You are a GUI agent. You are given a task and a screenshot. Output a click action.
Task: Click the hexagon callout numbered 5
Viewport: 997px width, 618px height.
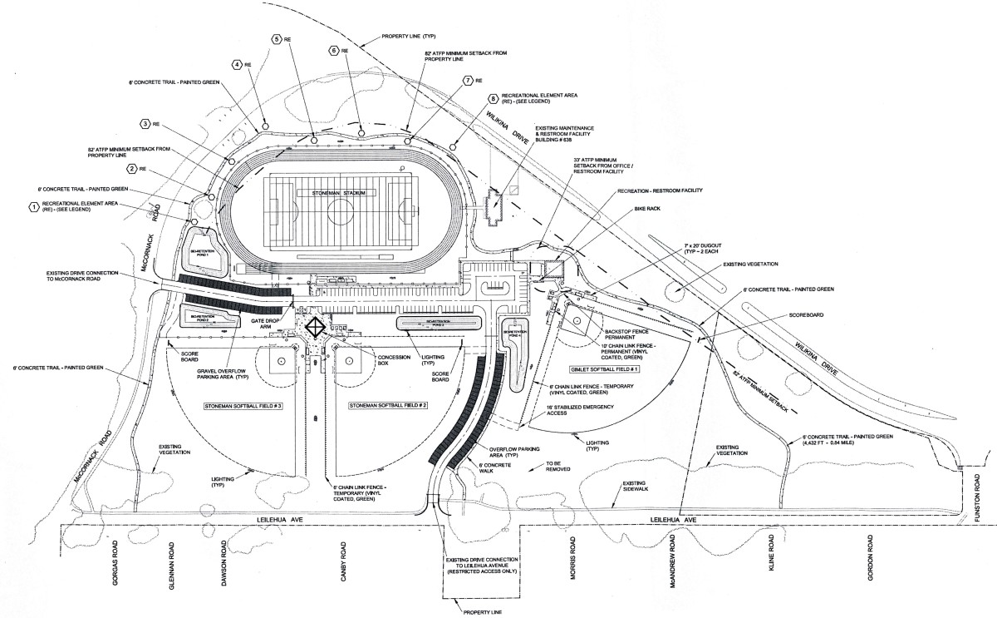276,39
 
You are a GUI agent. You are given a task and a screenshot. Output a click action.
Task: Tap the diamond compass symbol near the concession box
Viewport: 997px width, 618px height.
316,327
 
